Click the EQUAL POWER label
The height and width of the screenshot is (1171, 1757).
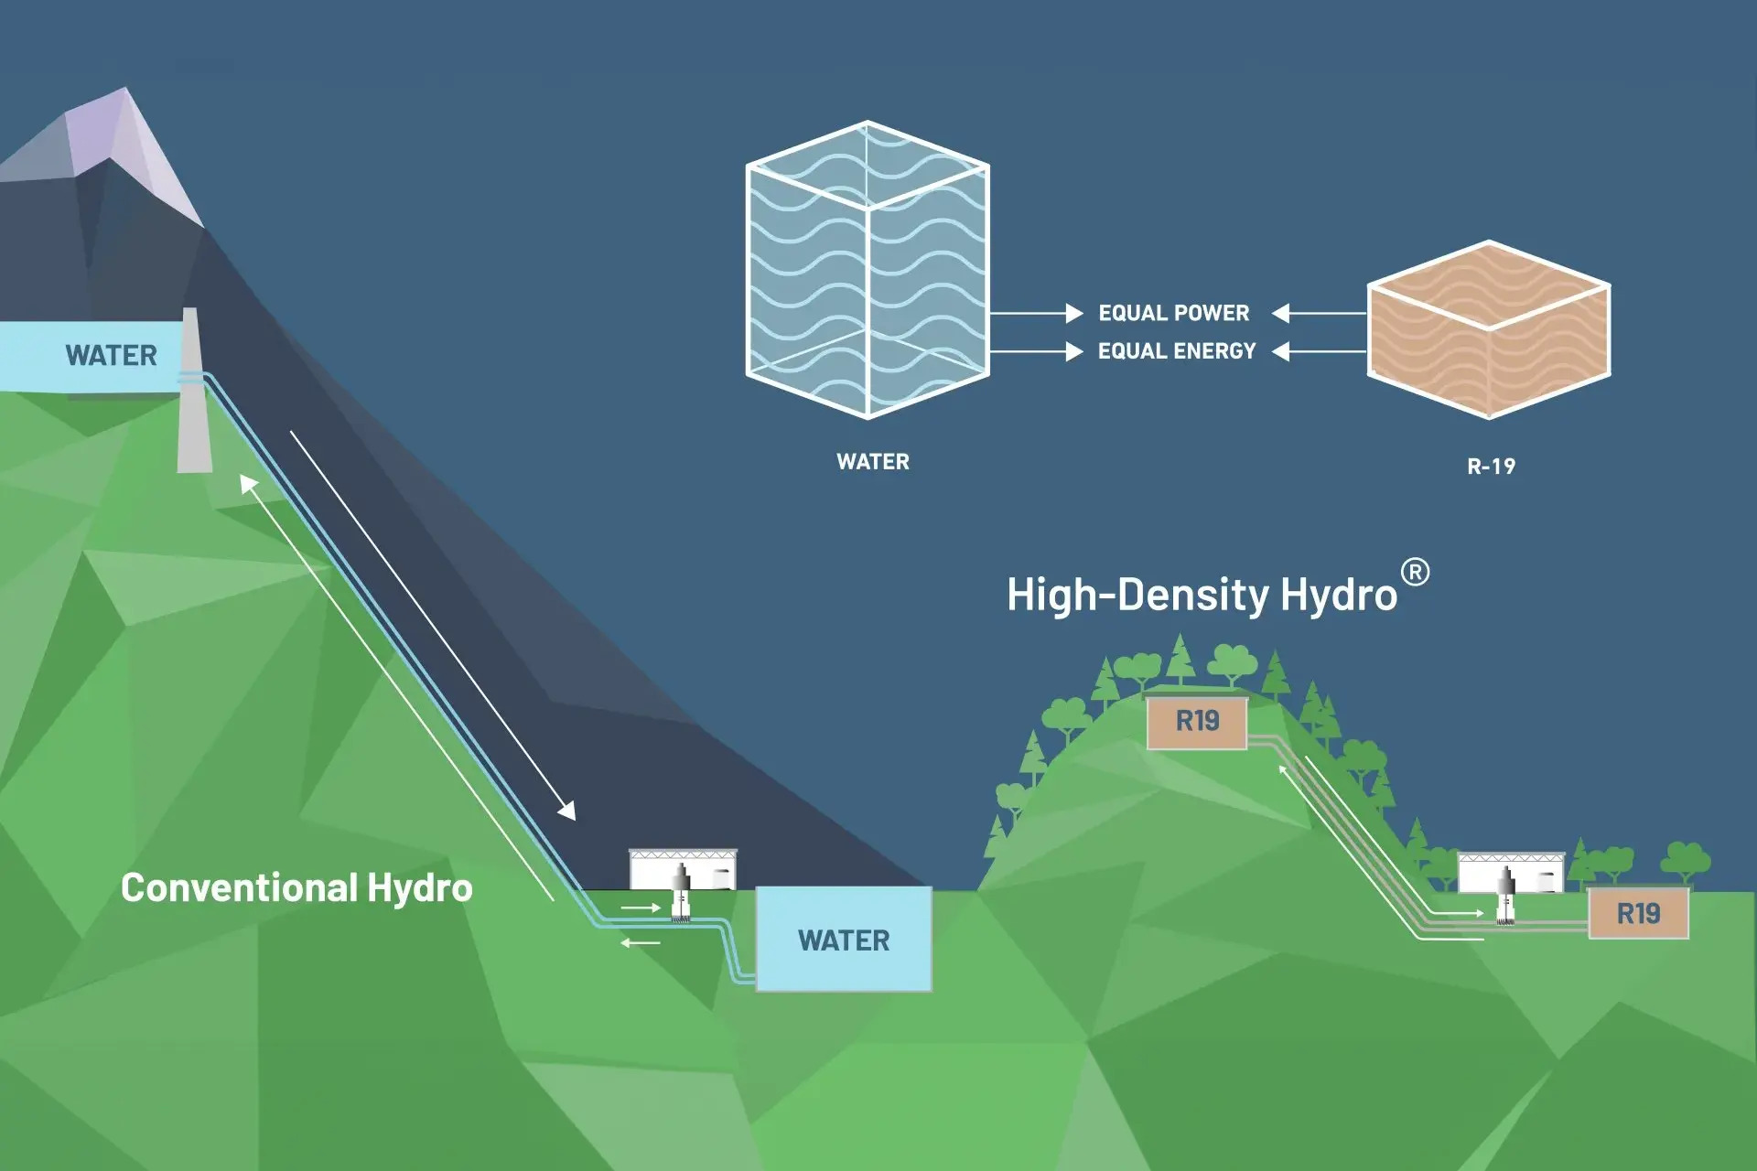coord(1173,313)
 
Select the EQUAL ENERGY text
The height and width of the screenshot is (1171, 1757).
coord(1177,351)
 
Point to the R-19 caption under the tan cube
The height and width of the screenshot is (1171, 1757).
coord(1491,467)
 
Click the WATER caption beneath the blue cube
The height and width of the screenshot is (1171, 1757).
coord(873,462)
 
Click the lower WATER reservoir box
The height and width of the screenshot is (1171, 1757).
coord(843,940)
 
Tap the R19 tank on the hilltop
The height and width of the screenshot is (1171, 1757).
coord(1197,722)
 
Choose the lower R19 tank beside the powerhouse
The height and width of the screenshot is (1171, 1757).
coord(1638,913)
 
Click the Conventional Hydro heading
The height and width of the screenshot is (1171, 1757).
coord(296,888)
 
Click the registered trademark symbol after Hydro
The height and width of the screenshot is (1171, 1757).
coord(1415,573)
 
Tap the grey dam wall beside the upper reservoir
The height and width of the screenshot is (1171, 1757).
coord(193,403)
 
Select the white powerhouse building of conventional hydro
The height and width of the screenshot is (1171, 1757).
coord(683,870)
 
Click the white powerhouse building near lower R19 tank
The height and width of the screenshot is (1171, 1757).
coord(1511,873)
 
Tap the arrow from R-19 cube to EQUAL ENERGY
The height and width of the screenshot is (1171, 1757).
coord(1319,351)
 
